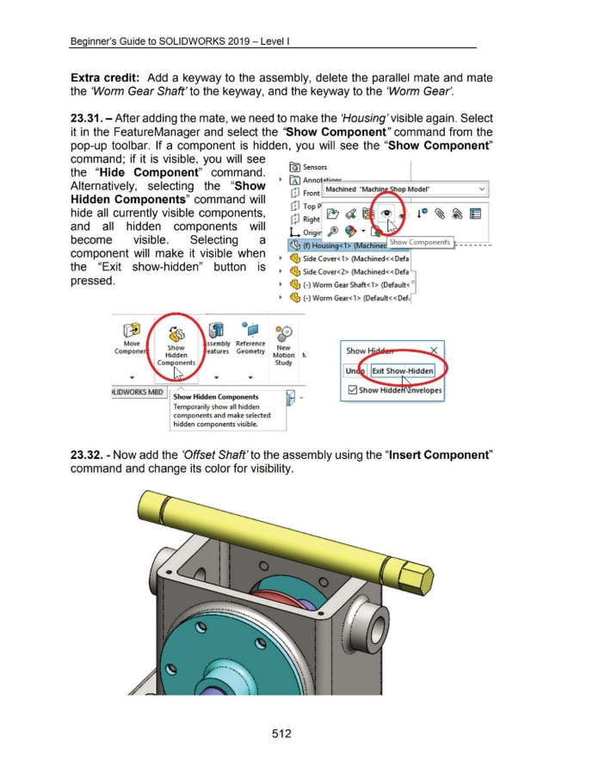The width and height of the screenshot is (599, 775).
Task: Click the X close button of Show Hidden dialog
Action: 432,350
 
